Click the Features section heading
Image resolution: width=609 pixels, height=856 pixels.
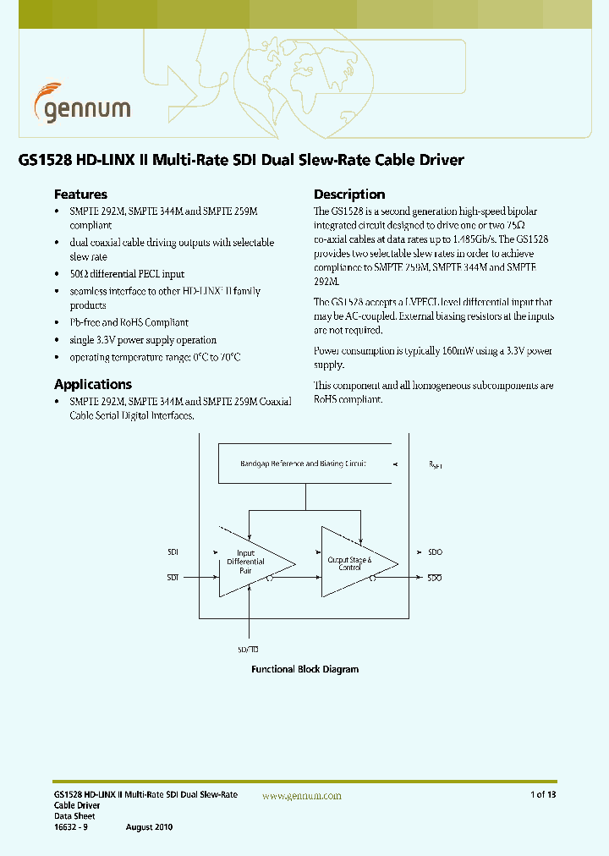pos(80,194)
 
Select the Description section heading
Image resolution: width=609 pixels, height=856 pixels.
pos(349,194)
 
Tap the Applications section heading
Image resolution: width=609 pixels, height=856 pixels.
pos(93,384)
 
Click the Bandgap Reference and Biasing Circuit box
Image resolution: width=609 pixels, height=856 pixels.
pos(304,464)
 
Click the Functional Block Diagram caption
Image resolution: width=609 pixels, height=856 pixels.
pos(304,669)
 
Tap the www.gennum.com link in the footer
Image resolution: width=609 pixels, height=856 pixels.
pos(302,796)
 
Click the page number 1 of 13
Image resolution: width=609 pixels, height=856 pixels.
pos(543,795)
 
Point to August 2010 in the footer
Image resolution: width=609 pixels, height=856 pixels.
pos(149,826)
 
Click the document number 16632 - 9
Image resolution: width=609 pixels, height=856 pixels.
pos(70,826)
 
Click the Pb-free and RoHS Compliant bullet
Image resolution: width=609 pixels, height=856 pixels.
pos(129,322)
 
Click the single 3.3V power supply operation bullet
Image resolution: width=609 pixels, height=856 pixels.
pos(142,340)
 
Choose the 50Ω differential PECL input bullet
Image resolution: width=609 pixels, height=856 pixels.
pos(127,274)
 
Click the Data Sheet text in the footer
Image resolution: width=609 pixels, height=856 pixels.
pos(74,816)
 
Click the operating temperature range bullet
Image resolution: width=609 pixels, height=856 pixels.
pos(155,357)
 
